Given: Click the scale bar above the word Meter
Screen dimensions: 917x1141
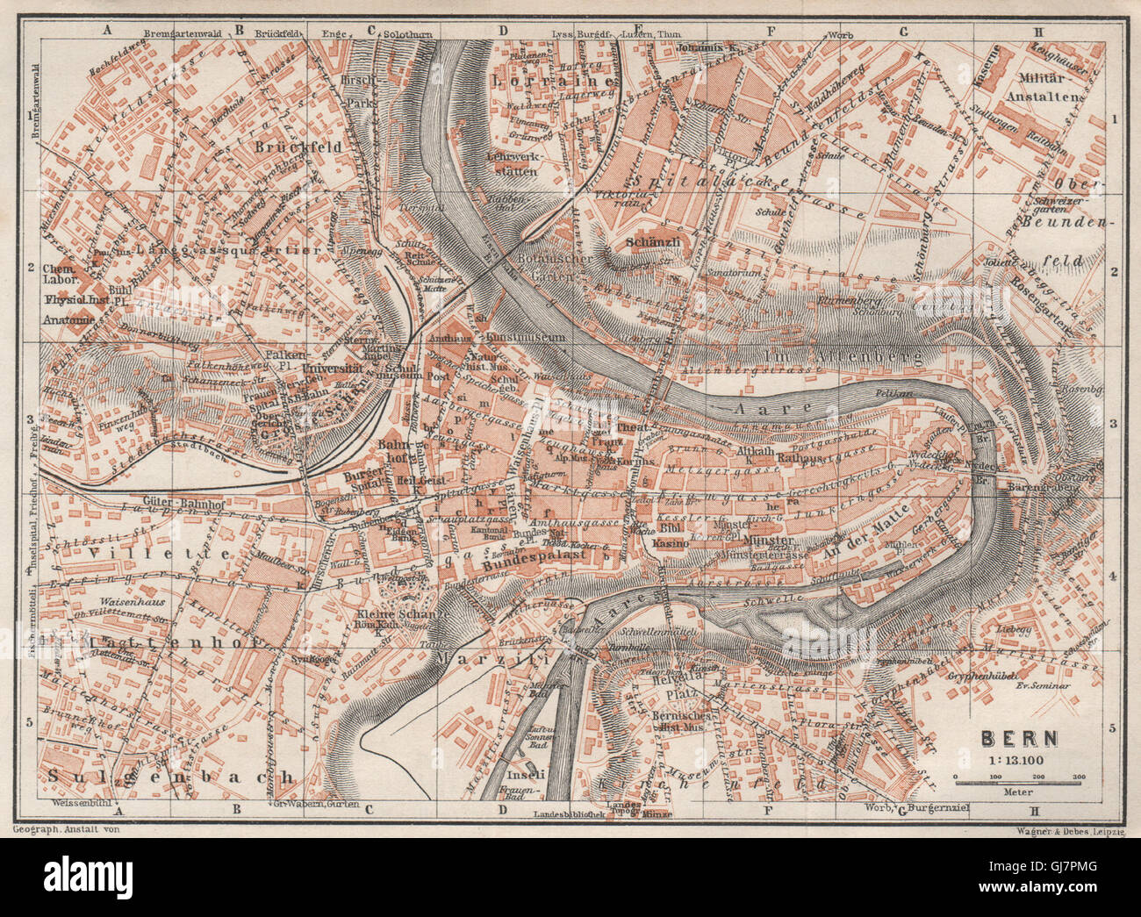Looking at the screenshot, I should pyautogui.click(x=1019, y=778).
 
